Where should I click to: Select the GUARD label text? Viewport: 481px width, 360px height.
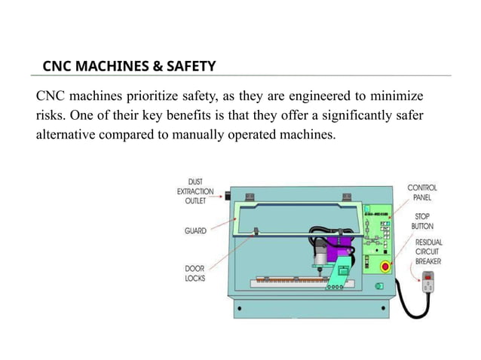195,231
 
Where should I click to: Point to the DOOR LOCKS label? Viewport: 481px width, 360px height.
195,273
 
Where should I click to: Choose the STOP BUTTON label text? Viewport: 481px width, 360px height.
422,220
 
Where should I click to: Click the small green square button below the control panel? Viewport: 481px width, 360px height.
380,286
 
